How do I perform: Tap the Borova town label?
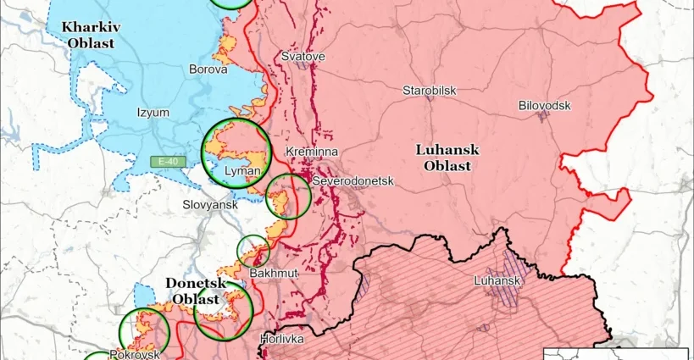click(x=208, y=69)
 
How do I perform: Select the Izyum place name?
click(x=153, y=112)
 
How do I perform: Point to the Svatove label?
click(x=303, y=56)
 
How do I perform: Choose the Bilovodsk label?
click(x=544, y=105)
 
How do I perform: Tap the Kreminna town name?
click(x=313, y=151)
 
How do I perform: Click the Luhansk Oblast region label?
click(x=447, y=158)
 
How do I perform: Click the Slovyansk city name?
click(x=211, y=205)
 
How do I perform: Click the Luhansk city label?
click(x=497, y=280)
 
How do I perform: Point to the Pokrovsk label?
click(x=134, y=354)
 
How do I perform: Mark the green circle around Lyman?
click(x=236, y=152)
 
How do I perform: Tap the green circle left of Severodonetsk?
click(x=288, y=196)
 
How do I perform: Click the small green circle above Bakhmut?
click(x=253, y=251)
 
